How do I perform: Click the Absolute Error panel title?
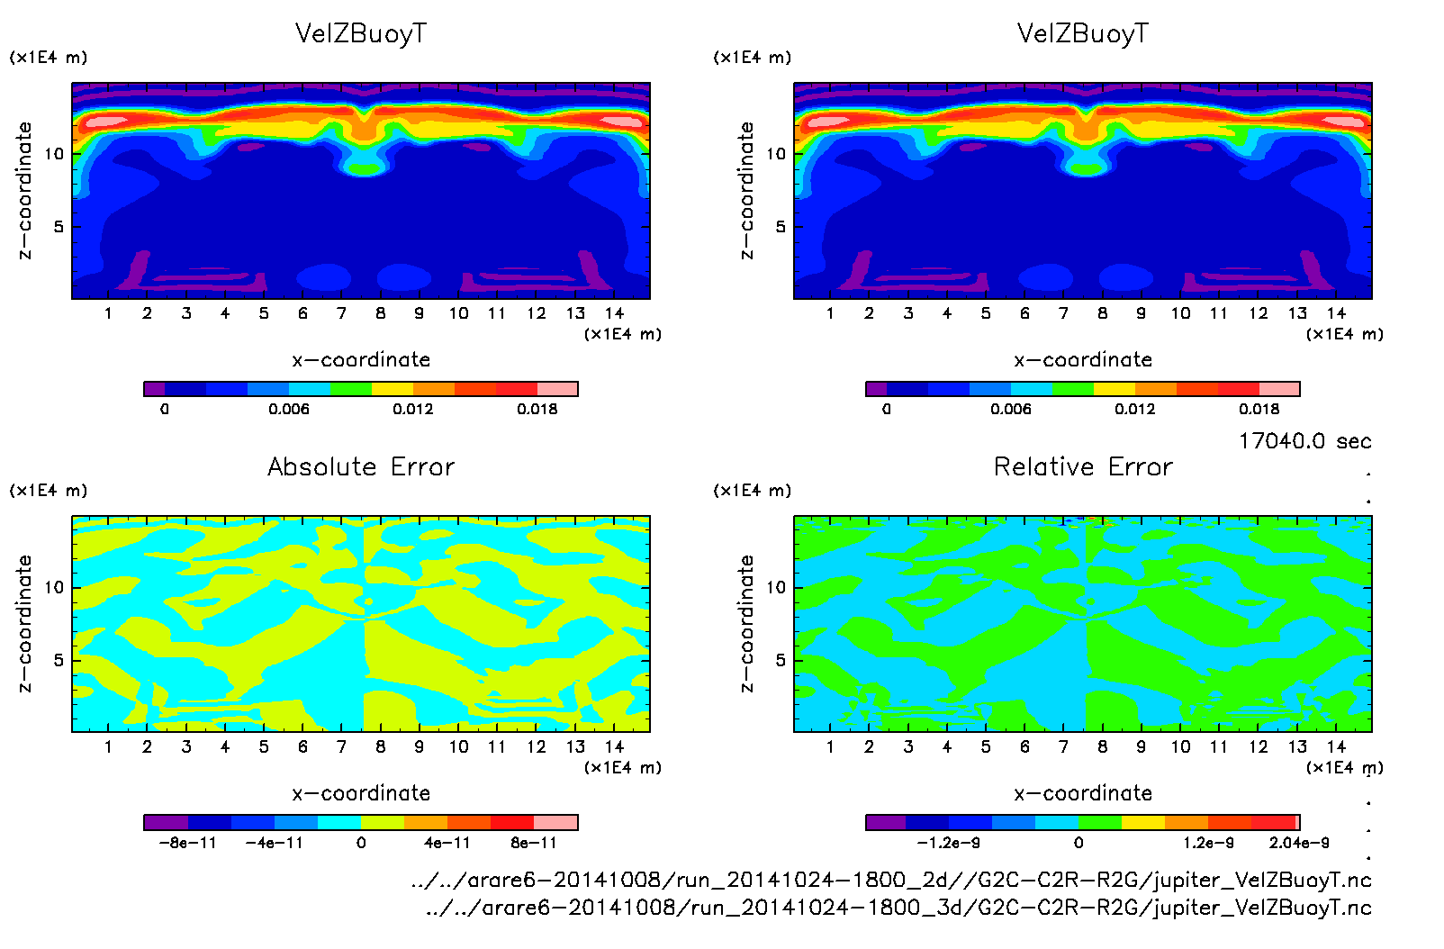pyautogui.click(x=361, y=466)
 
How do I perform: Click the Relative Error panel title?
pyautogui.click(x=1083, y=466)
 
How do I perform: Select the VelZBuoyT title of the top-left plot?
pyautogui.click(x=361, y=33)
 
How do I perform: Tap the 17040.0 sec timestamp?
pyautogui.click(x=1304, y=441)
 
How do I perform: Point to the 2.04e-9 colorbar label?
pyautogui.click(x=1299, y=843)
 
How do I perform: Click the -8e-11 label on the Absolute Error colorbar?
pyautogui.click(x=187, y=843)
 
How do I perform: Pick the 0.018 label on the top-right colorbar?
pyautogui.click(x=1259, y=409)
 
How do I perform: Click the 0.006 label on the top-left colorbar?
pyautogui.click(x=288, y=409)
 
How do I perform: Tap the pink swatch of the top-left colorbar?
pyautogui.click(x=557, y=389)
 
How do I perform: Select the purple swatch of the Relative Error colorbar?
pyautogui.click(x=886, y=822)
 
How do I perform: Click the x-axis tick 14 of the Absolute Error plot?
pyautogui.click(x=614, y=746)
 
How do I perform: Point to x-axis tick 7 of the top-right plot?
pyautogui.click(x=1063, y=313)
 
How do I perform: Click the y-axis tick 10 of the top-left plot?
pyautogui.click(x=54, y=154)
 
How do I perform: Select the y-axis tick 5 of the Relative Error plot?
pyautogui.click(x=780, y=660)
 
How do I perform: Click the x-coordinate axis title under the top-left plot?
pyautogui.click(x=361, y=360)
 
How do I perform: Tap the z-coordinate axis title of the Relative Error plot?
pyautogui.click(x=746, y=623)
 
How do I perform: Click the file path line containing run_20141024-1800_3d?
pyautogui.click(x=898, y=908)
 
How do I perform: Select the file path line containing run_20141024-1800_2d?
pyautogui.click(x=890, y=880)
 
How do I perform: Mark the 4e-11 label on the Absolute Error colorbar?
pyautogui.click(x=447, y=843)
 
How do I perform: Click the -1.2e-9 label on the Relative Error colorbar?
pyautogui.click(x=948, y=843)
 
